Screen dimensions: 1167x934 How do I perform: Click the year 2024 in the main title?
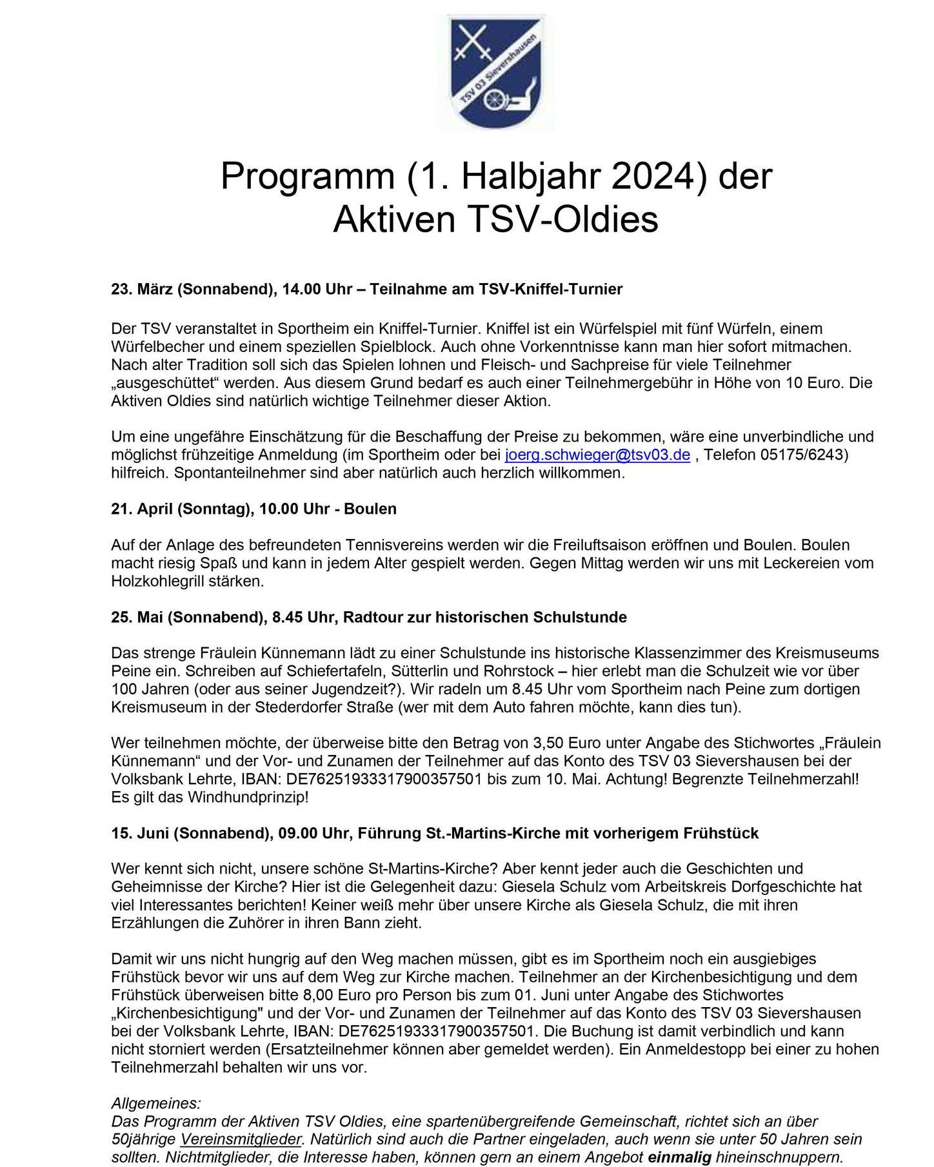click(x=657, y=175)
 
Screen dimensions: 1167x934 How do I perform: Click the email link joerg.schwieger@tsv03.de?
click(x=597, y=455)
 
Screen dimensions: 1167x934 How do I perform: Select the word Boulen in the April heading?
click(x=370, y=509)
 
